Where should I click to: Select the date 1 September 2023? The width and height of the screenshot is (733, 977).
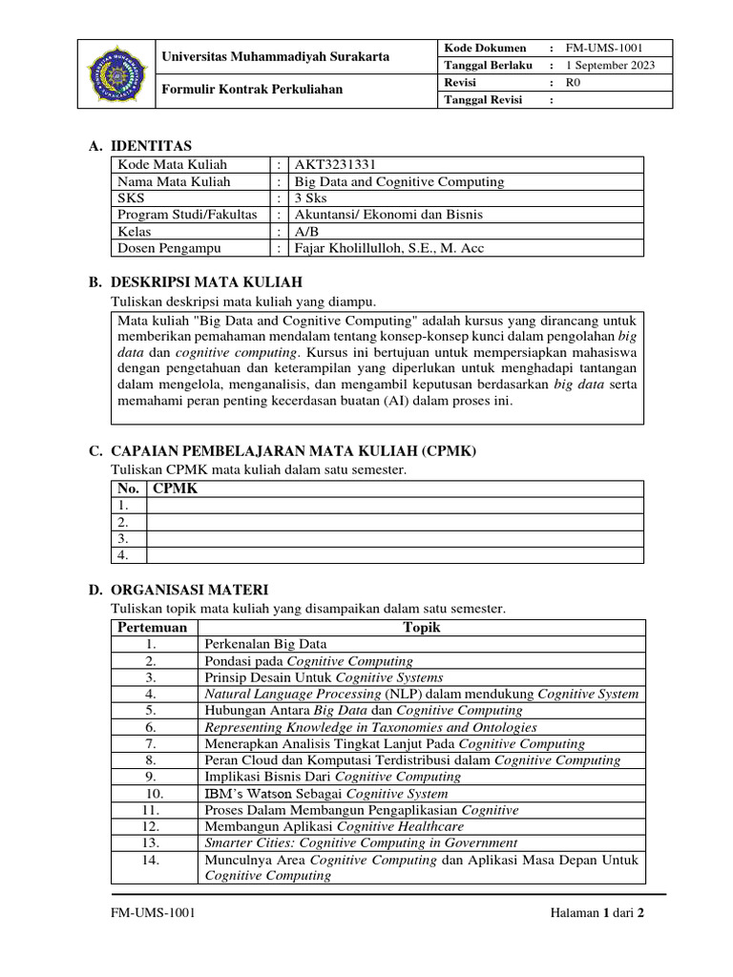tap(611, 66)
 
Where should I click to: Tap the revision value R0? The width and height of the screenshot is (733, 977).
tap(574, 83)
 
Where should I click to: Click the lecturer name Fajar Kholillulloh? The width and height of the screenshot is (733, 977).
tap(388, 248)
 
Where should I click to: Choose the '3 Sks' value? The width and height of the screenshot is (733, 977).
tap(310, 197)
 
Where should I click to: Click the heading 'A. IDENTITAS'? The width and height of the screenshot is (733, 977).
tap(140, 146)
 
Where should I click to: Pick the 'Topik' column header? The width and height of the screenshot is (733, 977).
tap(422, 628)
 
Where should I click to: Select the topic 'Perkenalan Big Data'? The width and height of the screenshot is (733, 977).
tap(265, 644)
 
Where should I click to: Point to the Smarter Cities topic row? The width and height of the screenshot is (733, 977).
tap(361, 842)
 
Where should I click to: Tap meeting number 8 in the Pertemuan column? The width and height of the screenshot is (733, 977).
tap(151, 760)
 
